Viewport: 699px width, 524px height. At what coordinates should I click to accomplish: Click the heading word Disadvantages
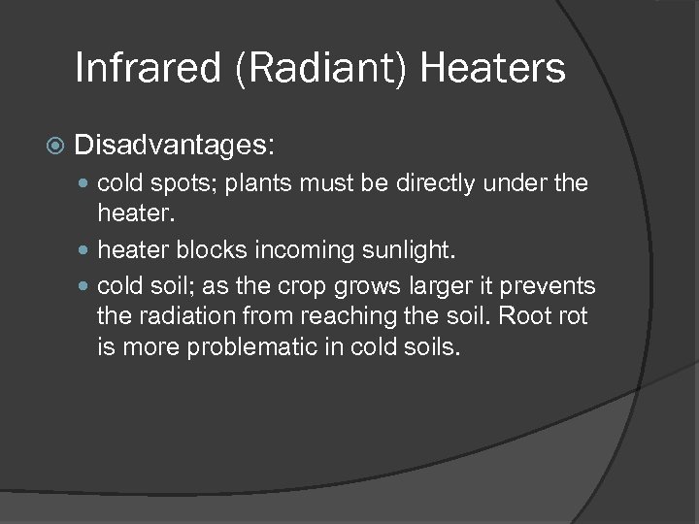click(175, 147)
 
